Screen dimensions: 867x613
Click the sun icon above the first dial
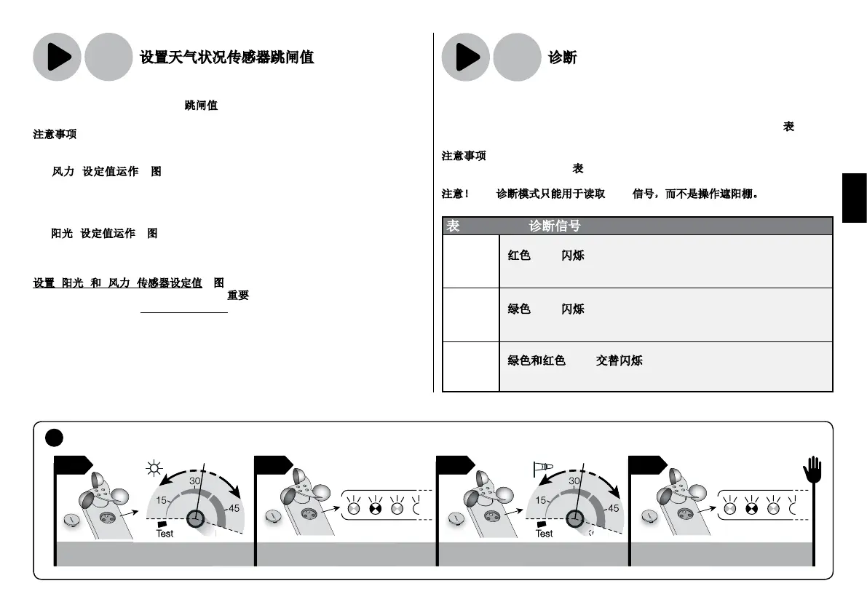(x=154, y=468)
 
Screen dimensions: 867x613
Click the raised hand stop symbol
(x=812, y=470)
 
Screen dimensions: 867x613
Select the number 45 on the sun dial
(x=234, y=508)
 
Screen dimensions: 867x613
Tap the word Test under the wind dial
(x=544, y=534)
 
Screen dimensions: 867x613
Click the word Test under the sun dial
(x=165, y=534)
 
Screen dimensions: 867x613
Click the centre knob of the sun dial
(x=195, y=518)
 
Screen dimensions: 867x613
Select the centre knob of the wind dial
(x=574, y=518)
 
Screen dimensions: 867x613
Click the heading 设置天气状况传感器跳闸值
(x=227, y=57)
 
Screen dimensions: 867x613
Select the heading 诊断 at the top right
(x=563, y=57)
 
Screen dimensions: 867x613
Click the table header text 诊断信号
(x=555, y=226)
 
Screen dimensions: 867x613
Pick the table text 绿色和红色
(x=537, y=360)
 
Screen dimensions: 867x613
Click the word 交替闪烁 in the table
(x=619, y=360)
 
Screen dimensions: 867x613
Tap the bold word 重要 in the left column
(x=238, y=296)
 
